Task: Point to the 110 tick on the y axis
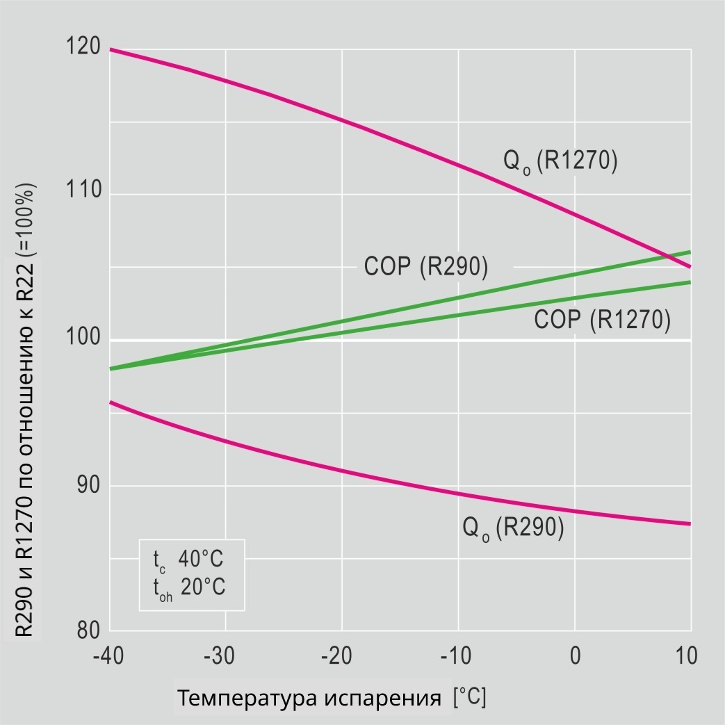click(82, 193)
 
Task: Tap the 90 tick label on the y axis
click(88, 484)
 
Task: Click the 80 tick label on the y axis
click(88, 630)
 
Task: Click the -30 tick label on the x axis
click(224, 655)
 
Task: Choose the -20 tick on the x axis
click(341, 655)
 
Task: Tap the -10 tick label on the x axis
click(457, 655)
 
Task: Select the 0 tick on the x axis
click(575, 655)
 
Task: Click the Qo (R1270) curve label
click(560, 162)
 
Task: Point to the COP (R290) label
click(426, 267)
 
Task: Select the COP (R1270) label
click(602, 320)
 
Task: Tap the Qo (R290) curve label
click(513, 528)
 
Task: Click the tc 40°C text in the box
click(188, 560)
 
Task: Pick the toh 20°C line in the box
click(189, 587)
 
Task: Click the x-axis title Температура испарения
click(309, 698)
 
